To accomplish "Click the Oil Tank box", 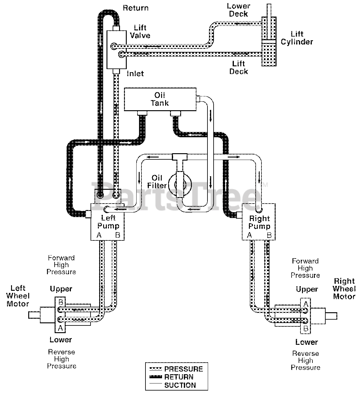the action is (x=160, y=99).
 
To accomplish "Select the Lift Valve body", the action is (x=116, y=49).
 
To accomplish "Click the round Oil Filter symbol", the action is (x=180, y=184).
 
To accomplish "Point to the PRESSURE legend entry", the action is (x=176, y=369).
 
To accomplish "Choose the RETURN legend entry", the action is (x=171, y=377).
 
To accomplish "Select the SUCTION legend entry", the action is (x=172, y=385).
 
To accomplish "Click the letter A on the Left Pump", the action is (x=99, y=235).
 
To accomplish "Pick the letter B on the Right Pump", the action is (x=269, y=235).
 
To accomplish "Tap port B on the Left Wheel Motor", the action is (x=61, y=302).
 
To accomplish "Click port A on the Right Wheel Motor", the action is (x=306, y=304).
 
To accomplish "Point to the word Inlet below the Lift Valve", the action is (x=135, y=74).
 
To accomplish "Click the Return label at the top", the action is (x=136, y=8).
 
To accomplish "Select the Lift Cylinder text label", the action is (x=297, y=38).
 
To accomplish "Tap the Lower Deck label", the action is (x=238, y=10).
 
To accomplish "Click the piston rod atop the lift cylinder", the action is (x=269, y=10).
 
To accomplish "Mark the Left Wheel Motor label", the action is (x=18, y=296).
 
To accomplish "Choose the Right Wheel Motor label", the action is (x=344, y=289).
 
